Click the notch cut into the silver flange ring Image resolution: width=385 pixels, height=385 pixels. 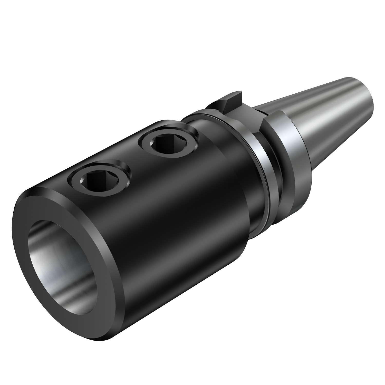pyautogui.click(x=264, y=121)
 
